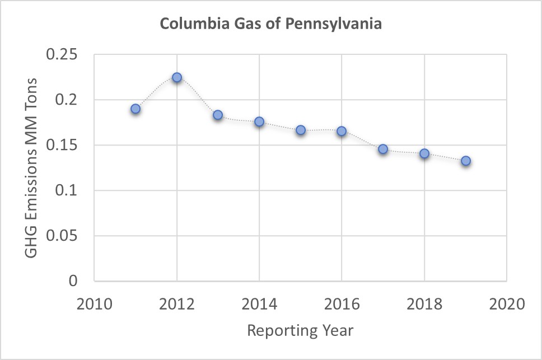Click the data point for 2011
tap(135, 109)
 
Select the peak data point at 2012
tap(177, 77)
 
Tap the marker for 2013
tap(218, 115)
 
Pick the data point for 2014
tap(259, 121)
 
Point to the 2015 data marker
tap(301, 130)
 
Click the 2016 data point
tap(342, 131)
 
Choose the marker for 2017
tap(383, 149)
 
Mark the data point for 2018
tap(424, 153)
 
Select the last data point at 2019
tap(465, 161)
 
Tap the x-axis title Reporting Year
tap(301, 331)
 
